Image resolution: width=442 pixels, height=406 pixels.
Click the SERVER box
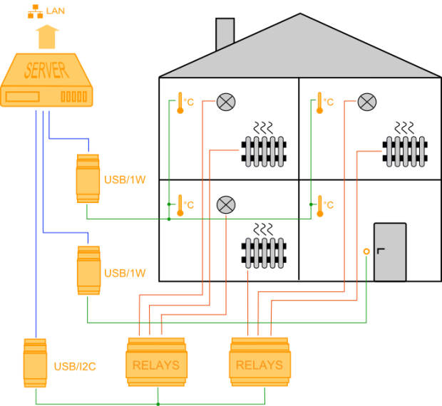[47, 80]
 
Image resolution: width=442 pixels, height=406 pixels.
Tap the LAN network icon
[35, 11]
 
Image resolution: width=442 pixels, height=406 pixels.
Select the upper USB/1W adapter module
[88, 178]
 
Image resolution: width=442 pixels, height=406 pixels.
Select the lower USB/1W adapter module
[88, 271]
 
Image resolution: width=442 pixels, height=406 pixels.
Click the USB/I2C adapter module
[35, 363]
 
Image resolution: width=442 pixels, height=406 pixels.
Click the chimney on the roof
[225, 33]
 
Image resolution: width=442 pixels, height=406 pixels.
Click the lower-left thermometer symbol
[180, 205]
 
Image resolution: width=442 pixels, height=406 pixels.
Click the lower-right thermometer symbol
[320, 205]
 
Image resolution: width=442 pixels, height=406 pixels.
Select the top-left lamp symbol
[226, 102]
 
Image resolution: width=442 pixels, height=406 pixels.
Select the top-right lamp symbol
[366, 102]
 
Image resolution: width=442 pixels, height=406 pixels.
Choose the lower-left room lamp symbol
[226, 205]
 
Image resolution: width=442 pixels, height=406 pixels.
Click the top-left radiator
[264, 152]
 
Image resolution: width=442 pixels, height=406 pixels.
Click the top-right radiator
[405, 152]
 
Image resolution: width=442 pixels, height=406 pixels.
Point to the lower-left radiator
[264, 253]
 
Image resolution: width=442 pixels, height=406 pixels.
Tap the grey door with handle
[389, 252]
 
